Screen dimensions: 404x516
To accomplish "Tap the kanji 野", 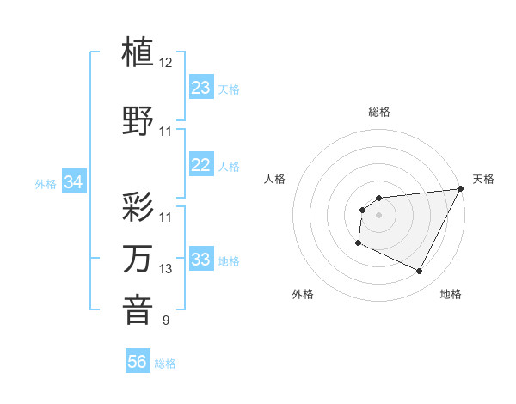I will (x=138, y=120).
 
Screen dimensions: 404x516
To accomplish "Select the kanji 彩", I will (x=138, y=206).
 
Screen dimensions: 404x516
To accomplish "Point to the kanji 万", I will (x=138, y=259).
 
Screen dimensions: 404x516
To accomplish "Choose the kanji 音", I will (x=138, y=310).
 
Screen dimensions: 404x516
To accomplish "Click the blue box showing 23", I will (x=201, y=87).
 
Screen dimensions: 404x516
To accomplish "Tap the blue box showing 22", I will (x=201, y=165).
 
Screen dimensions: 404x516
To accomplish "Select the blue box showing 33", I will (x=201, y=260).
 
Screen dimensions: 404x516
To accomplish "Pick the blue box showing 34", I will (x=74, y=182).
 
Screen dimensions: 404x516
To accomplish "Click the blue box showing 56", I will (x=137, y=362).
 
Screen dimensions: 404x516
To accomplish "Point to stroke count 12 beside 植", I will (x=166, y=63).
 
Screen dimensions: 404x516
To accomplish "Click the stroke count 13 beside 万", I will (x=166, y=270).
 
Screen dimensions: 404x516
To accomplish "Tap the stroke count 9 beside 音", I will (x=166, y=321).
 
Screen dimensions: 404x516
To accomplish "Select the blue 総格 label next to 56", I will (x=165, y=364).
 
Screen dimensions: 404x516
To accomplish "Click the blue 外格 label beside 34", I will (x=46, y=184).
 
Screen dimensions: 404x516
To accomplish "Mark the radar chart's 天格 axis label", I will (x=483, y=179).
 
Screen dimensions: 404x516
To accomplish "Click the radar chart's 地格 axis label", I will (x=451, y=294).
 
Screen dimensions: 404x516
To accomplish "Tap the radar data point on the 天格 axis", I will (x=461, y=188).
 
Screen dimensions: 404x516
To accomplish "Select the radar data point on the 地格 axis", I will (x=420, y=272).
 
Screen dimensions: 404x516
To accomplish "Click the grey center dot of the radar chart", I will (x=378, y=215).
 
